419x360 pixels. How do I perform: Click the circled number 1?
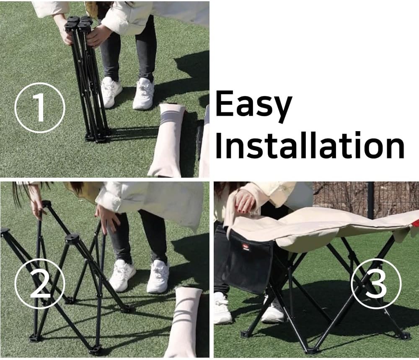pos(40,108)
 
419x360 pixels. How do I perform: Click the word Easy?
pos(253,105)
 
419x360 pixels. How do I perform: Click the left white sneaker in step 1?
pos(111,92)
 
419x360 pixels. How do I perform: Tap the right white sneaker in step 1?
pos(143,94)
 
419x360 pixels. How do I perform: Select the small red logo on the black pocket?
pos(246,247)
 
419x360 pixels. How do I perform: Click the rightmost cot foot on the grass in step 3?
pos(405,336)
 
